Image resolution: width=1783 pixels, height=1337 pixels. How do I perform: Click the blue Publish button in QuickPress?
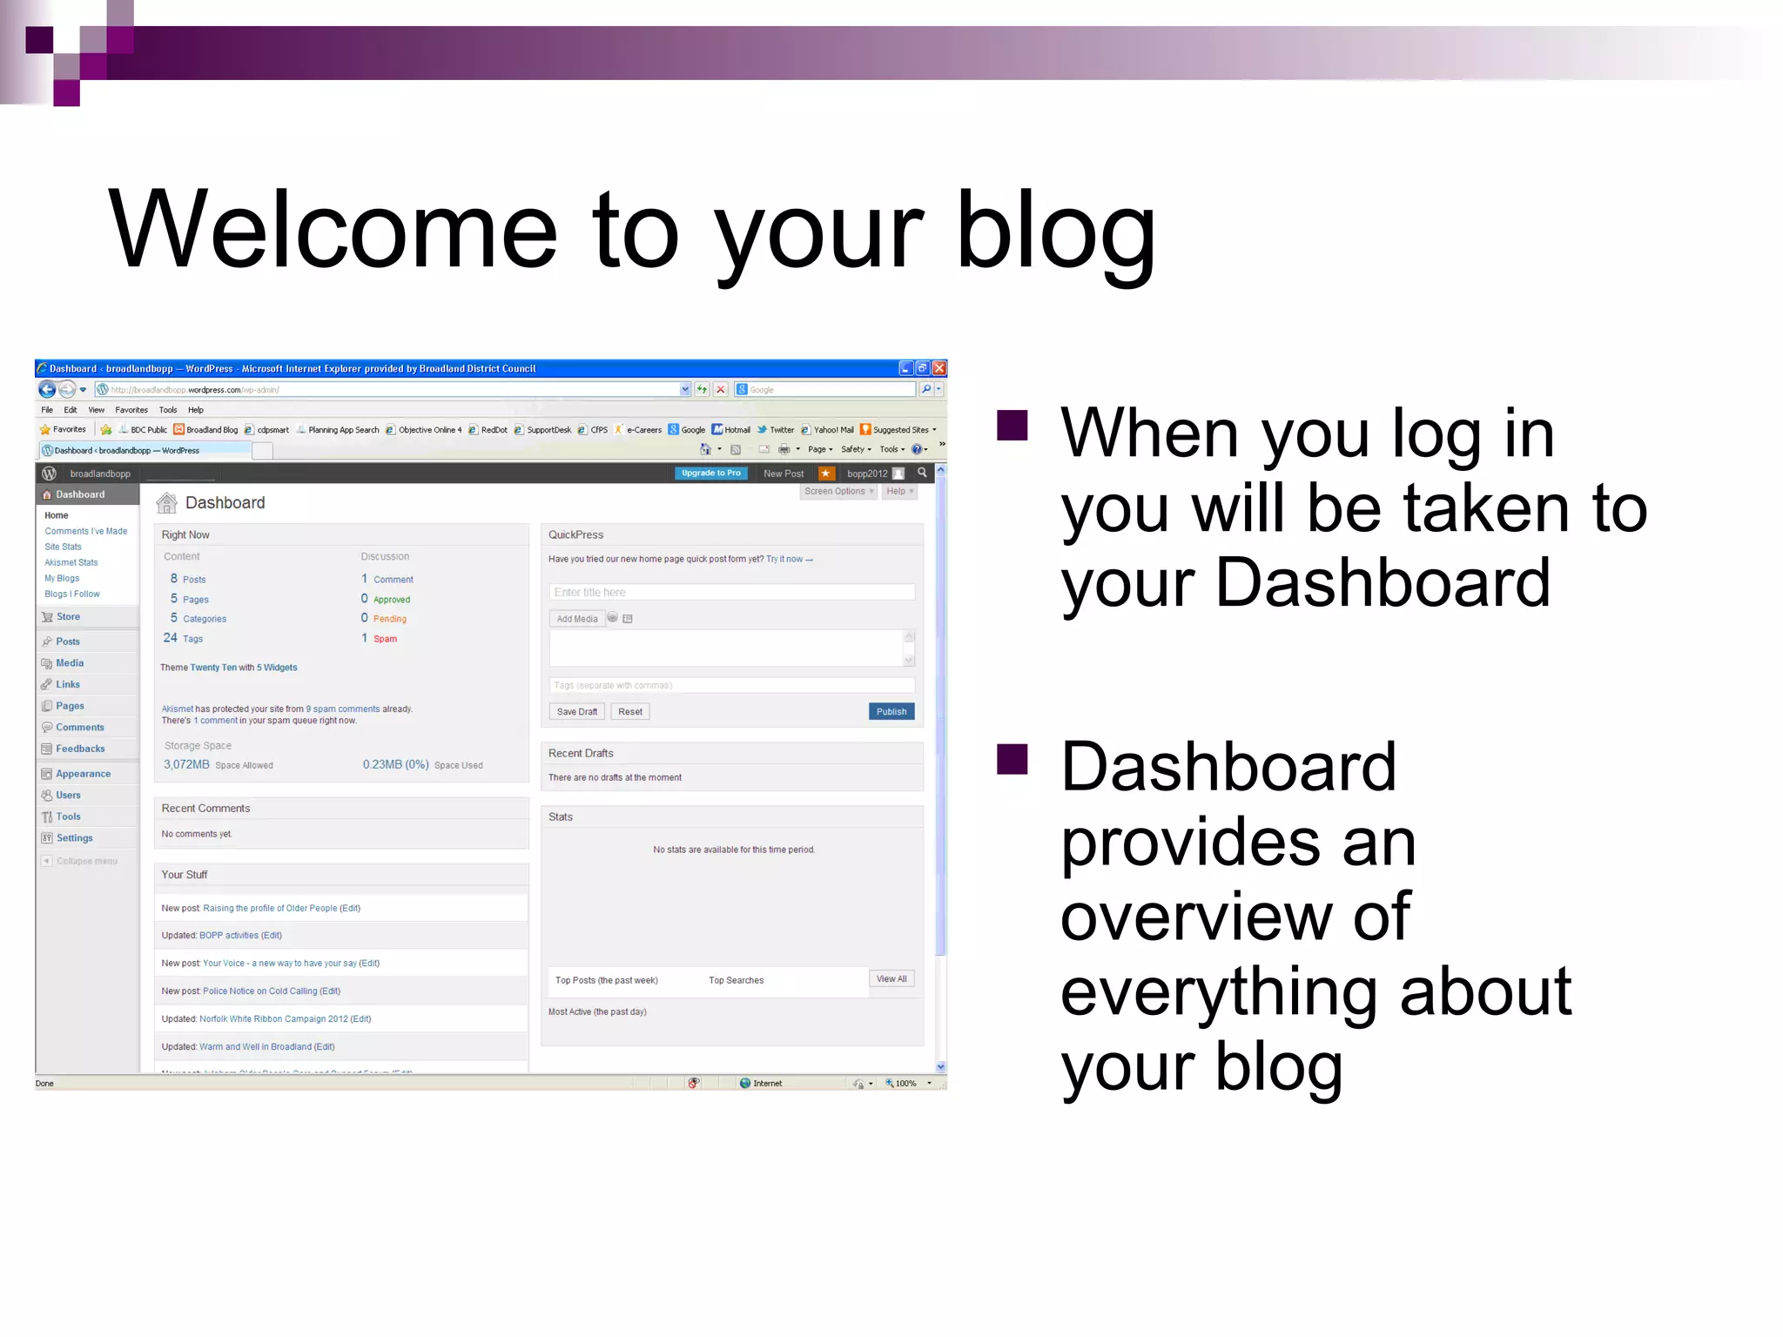click(891, 711)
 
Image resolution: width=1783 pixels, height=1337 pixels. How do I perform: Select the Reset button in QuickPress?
click(629, 711)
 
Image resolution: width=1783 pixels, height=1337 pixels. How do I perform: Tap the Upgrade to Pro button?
click(710, 474)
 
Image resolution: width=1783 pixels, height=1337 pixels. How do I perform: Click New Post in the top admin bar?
click(783, 474)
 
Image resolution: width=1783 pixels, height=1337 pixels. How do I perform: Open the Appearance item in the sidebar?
click(83, 774)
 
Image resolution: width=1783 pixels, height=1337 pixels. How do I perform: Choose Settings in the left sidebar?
click(74, 838)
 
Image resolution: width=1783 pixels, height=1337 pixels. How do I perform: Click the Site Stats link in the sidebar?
click(63, 547)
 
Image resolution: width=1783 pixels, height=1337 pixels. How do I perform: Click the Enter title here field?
click(731, 592)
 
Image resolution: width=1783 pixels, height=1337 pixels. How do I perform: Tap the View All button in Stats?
click(891, 979)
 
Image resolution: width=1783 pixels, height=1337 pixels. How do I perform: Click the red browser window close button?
click(939, 368)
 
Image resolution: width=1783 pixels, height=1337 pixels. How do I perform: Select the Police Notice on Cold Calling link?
click(259, 991)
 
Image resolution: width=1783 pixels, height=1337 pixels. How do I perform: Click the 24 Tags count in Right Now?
click(183, 638)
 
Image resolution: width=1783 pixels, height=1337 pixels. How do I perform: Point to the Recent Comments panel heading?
click(205, 809)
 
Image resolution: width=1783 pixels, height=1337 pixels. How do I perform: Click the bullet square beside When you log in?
click(1012, 426)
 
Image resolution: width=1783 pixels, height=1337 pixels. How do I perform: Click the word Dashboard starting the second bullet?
click(1228, 767)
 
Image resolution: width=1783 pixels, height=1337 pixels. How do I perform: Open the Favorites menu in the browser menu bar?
click(131, 410)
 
